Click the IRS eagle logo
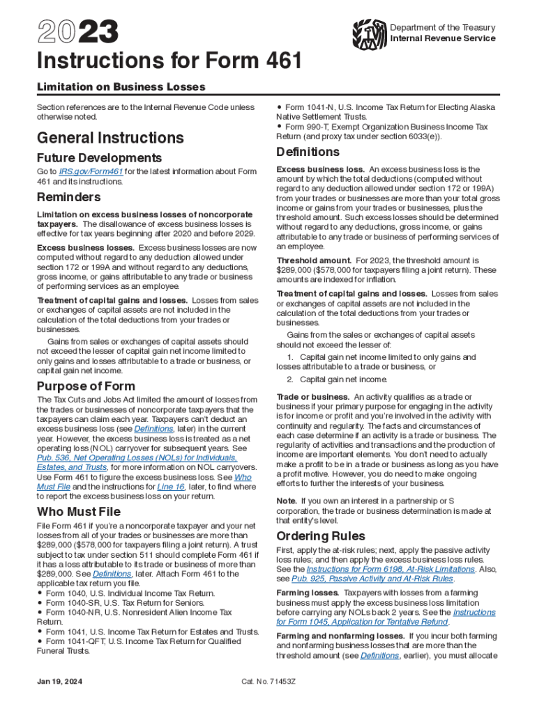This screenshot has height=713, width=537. [x=370, y=32]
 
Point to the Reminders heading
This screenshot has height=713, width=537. [x=69, y=198]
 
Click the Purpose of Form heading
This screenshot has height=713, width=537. [x=86, y=386]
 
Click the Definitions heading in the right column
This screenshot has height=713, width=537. [x=308, y=152]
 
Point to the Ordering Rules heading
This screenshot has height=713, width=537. [x=320, y=536]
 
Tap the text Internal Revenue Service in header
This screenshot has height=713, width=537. [x=443, y=38]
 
